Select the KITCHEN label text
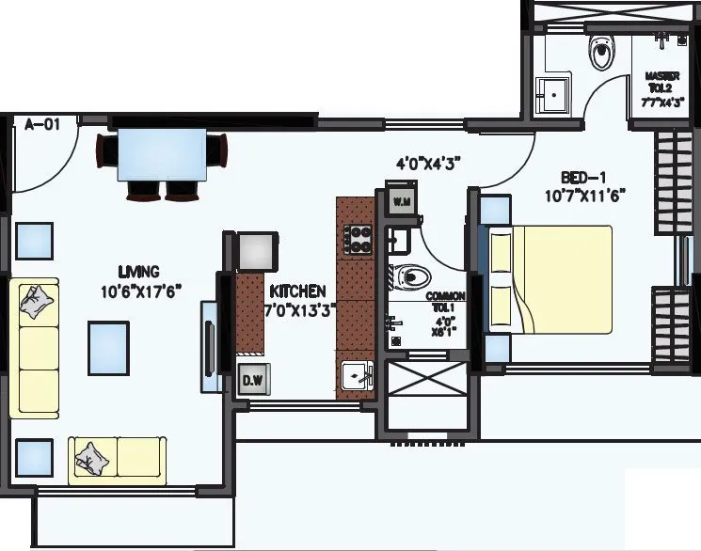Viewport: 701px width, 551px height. tap(297, 291)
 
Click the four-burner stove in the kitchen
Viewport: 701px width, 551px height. tap(359, 239)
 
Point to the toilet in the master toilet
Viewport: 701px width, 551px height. tap(599, 54)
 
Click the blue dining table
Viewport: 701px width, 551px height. tap(162, 155)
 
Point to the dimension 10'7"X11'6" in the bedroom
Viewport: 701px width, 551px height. tap(585, 197)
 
